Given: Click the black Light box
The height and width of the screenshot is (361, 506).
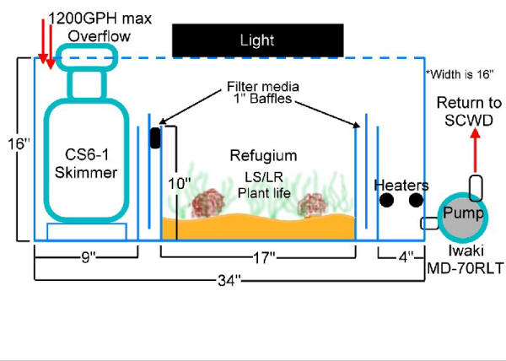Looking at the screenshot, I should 257,40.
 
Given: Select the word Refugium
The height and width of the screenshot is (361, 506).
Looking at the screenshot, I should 257,156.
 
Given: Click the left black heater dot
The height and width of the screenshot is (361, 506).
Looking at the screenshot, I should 386,201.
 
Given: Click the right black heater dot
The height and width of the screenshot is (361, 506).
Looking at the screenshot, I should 415,201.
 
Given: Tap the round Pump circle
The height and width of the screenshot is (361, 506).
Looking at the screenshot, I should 461,214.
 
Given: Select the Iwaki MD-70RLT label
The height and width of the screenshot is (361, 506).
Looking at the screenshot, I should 465,257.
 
